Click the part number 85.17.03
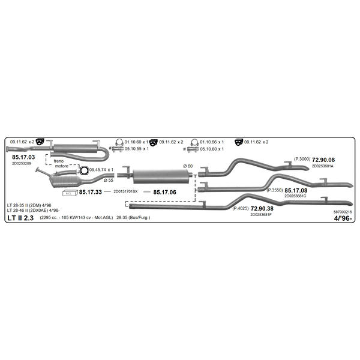click(23, 157)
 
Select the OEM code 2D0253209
click(22, 163)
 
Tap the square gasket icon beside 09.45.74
click(84, 170)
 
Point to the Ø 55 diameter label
click(109, 181)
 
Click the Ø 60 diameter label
click(188, 166)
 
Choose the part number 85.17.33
click(90, 192)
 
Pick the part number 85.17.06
click(164, 192)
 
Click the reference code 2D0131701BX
click(125, 191)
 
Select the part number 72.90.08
click(323, 160)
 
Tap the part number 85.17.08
click(296, 190)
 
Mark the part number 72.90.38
click(262, 208)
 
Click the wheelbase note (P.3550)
click(275, 190)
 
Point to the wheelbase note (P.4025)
click(241, 208)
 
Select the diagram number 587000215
click(343, 212)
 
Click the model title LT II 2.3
click(20, 218)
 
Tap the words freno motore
click(61, 163)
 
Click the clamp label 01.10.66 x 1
click(212, 142)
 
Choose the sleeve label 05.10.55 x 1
click(137, 149)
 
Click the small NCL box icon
click(70, 193)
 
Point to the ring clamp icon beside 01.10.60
click(119, 142)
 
